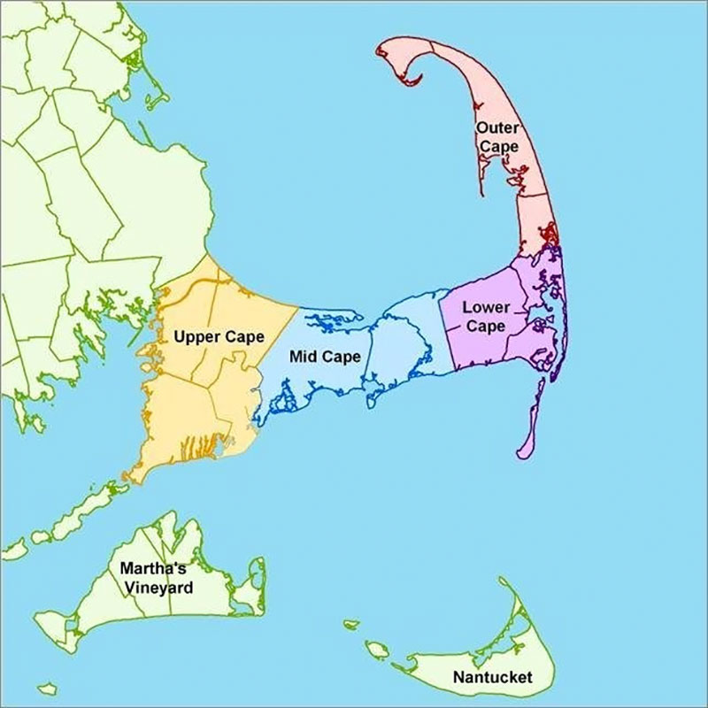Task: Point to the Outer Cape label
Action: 497,137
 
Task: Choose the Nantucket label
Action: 492,679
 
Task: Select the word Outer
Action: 497,128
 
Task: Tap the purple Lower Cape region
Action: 496,345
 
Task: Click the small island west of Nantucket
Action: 377,650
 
